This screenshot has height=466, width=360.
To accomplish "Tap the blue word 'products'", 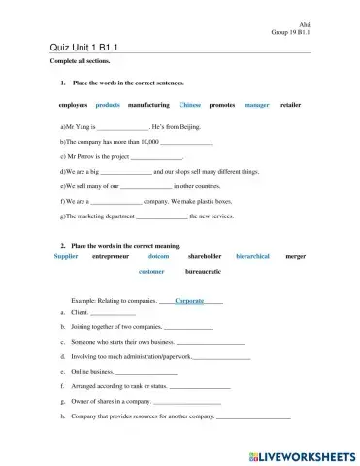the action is [108, 104].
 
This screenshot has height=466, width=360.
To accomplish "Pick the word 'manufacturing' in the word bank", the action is [148, 104].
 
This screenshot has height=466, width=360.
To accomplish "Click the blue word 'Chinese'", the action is [190, 104].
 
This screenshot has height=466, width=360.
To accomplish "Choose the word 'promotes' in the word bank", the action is [222, 104].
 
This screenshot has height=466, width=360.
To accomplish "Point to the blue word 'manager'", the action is [257, 104].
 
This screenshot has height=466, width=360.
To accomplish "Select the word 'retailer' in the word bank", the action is [291, 104].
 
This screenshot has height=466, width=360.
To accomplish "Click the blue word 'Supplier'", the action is [66, 257].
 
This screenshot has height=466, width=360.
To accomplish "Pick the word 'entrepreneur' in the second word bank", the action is [110, 257].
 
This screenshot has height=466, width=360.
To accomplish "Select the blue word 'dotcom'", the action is [159, 257].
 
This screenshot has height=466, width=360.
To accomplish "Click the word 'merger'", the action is [296, 257].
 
